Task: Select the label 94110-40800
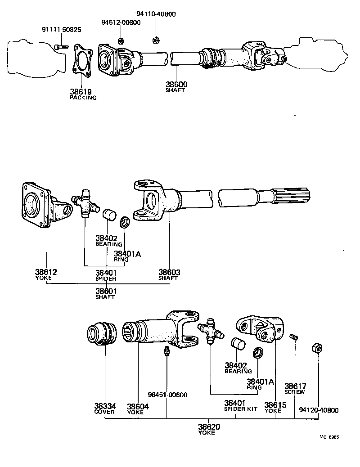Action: (x=156, y=14)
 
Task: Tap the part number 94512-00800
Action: (x=120, y=22)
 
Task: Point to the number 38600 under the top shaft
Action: (x=176, y=84)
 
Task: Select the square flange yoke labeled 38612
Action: (x=43, y=205)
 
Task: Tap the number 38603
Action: (x=169, y=272)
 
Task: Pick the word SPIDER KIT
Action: (x=241, y=409)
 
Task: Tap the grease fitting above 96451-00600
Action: (x=166, y=351)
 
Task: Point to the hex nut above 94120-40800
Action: (x=317, y=347)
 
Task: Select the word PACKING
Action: (x=83, y=97)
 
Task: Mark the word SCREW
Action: (x=295, y=392)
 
